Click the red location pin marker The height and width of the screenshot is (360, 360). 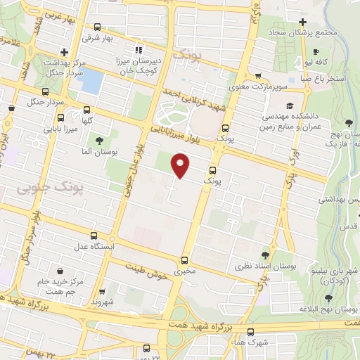181,166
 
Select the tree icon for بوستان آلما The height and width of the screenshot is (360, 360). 107,140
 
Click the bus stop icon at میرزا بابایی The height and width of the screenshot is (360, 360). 86,110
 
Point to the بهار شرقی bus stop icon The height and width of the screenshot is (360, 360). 97,27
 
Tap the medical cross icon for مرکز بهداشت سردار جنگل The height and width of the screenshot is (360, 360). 64,51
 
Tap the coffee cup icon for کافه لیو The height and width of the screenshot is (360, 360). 316,51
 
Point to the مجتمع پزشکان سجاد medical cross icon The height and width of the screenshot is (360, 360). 302,22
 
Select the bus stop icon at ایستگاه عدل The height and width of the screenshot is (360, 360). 104,236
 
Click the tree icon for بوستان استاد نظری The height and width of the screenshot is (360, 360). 265,256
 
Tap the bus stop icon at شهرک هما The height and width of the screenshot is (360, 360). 250,332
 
